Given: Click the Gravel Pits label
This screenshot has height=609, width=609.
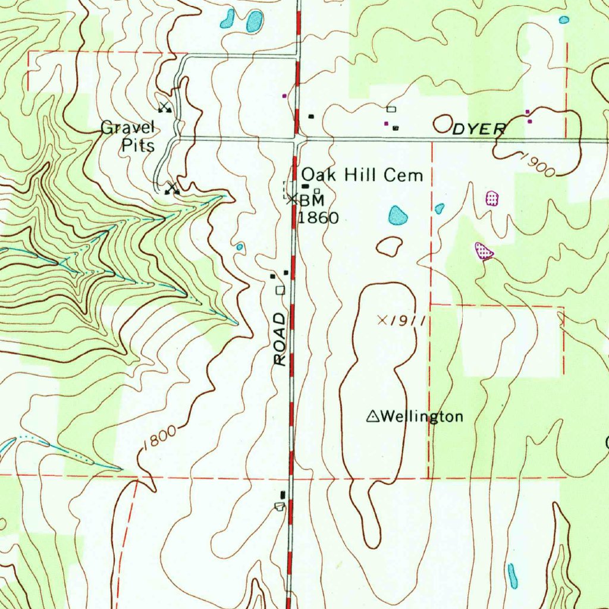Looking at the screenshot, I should pos(128,136).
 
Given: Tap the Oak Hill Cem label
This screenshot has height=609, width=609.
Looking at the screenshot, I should pos(362,175).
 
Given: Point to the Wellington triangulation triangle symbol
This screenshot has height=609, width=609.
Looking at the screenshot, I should pos(372,416).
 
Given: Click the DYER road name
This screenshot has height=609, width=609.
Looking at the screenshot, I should pos(479,129).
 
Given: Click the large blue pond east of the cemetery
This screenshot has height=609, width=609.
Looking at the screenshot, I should pos(398,215).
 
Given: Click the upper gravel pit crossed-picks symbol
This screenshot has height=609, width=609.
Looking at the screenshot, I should pos(165,108).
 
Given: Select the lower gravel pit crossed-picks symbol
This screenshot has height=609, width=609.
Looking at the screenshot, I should pos(172,189).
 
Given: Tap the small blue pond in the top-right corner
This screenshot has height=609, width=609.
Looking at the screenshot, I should pos(564,20).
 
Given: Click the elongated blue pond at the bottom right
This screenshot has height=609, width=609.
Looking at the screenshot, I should pos(512,576).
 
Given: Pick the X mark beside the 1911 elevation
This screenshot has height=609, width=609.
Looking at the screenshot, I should pos(382,320).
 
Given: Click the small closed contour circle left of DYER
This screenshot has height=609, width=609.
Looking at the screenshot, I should pos(442,124).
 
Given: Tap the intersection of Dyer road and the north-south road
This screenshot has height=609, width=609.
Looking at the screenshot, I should pos(297,139).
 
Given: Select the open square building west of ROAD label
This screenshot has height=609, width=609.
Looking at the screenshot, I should pos(280,290).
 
